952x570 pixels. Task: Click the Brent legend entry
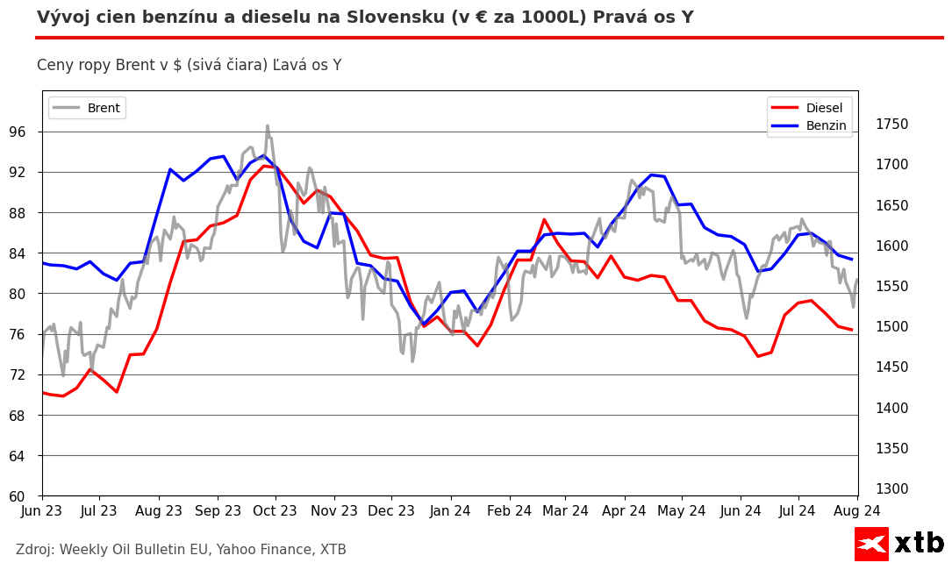click(87, 108)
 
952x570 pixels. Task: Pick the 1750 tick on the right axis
click(891, 125)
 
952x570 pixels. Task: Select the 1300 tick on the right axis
click(891, 489)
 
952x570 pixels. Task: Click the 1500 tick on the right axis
click(891, 327)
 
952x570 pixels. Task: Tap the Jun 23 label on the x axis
click(42, 510)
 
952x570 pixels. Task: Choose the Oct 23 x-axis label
click(275, 510)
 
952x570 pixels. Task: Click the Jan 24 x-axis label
click(448, 510)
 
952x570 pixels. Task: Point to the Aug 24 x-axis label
click(857, 510)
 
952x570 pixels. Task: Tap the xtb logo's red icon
click(871, 544)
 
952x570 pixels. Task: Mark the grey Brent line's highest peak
click(268, 126)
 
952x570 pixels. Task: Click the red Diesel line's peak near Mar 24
click(544, 219)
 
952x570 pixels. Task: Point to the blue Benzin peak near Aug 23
click(170, 169)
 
